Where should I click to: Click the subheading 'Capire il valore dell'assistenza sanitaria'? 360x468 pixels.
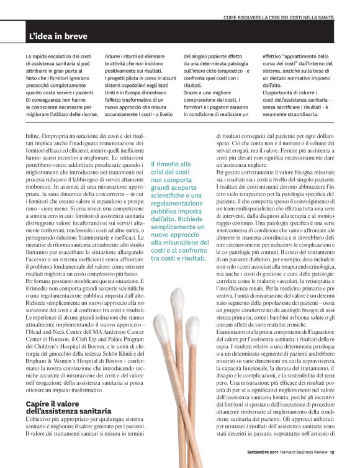point(68,408)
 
